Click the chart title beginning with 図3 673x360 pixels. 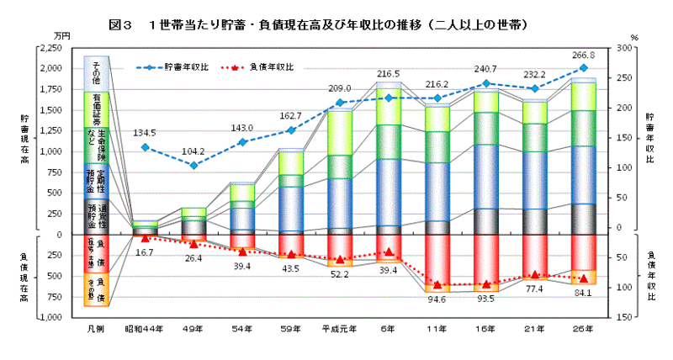336,17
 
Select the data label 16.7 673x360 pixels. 145,251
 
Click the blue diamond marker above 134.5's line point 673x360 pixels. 146,147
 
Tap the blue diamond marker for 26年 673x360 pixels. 584,67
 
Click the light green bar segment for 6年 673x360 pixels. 389,106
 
